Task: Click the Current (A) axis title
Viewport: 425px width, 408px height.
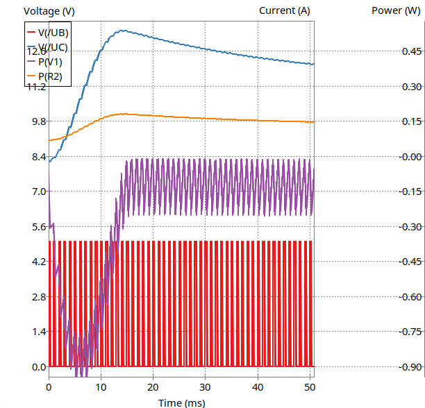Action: point(284,10)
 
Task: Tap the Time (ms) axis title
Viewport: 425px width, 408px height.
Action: point(180,402)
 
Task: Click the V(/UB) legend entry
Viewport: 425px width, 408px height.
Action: point(53,33)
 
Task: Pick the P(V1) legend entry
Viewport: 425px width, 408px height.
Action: point(50,62)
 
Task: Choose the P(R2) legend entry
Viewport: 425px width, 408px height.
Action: point(50,76)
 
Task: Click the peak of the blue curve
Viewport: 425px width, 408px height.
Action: point(122,31)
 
